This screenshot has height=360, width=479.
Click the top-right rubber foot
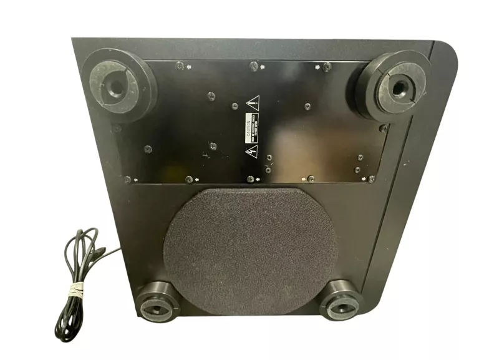(394, 87)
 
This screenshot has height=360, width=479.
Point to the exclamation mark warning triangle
(252, 103)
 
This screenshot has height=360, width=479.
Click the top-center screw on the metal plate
(253, 65)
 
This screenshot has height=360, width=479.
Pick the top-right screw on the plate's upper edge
(327, 66)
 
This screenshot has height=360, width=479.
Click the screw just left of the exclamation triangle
(235, 107)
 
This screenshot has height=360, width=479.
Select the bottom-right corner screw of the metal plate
(371, 178)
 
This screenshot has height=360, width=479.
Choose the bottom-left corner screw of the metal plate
(128, 180)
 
